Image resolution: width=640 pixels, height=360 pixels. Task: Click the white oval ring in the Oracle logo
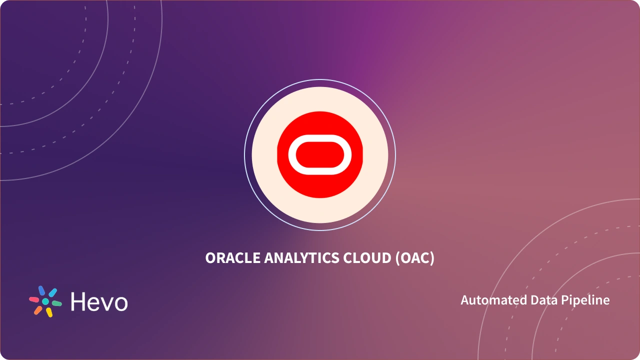[320, 142]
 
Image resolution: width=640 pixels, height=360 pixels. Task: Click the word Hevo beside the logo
[99, 301]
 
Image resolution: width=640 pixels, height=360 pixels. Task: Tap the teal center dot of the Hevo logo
[45, 301]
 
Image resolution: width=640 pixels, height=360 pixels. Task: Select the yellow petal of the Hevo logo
[49, 312]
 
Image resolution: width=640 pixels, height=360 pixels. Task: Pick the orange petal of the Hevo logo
[38, 310]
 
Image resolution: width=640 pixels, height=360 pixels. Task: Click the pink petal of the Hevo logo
[34, 299]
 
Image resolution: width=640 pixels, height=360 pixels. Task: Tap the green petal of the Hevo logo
[56, 303]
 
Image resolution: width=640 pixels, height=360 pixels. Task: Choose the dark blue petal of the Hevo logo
[41, 290]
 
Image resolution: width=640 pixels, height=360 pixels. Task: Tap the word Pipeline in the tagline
[585, 300]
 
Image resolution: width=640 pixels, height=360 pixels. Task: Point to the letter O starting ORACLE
[210, 258]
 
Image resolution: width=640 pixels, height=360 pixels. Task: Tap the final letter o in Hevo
[120, 303]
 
